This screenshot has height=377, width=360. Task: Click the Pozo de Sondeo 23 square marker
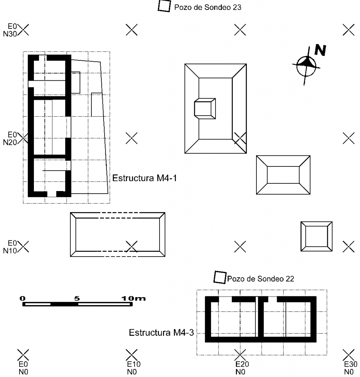pos(164,6)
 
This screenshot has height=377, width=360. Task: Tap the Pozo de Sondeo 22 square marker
pos(220,277)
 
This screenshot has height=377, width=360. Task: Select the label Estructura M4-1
pos(144,178)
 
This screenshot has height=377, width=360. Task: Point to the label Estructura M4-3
pos(161,332)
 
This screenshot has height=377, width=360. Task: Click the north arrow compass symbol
pos(306,66)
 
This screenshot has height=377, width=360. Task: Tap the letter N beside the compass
pos(320,50)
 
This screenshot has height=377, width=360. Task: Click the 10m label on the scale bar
pos(133,298)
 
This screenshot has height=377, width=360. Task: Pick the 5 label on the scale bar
pos(77,298)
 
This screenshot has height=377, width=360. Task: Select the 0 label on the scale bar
pos(22,298)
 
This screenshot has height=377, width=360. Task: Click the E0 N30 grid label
pos(10,30)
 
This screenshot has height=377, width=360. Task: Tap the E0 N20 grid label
pos(10,138)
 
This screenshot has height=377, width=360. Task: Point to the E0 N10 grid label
pos(10,247)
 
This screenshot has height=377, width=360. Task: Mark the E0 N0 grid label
pos(23,368)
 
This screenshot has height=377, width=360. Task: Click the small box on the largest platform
pos(205,109)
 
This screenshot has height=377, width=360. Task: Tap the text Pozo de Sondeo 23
pos(208,7)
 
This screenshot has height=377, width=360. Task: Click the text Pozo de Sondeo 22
pos(261,279)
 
